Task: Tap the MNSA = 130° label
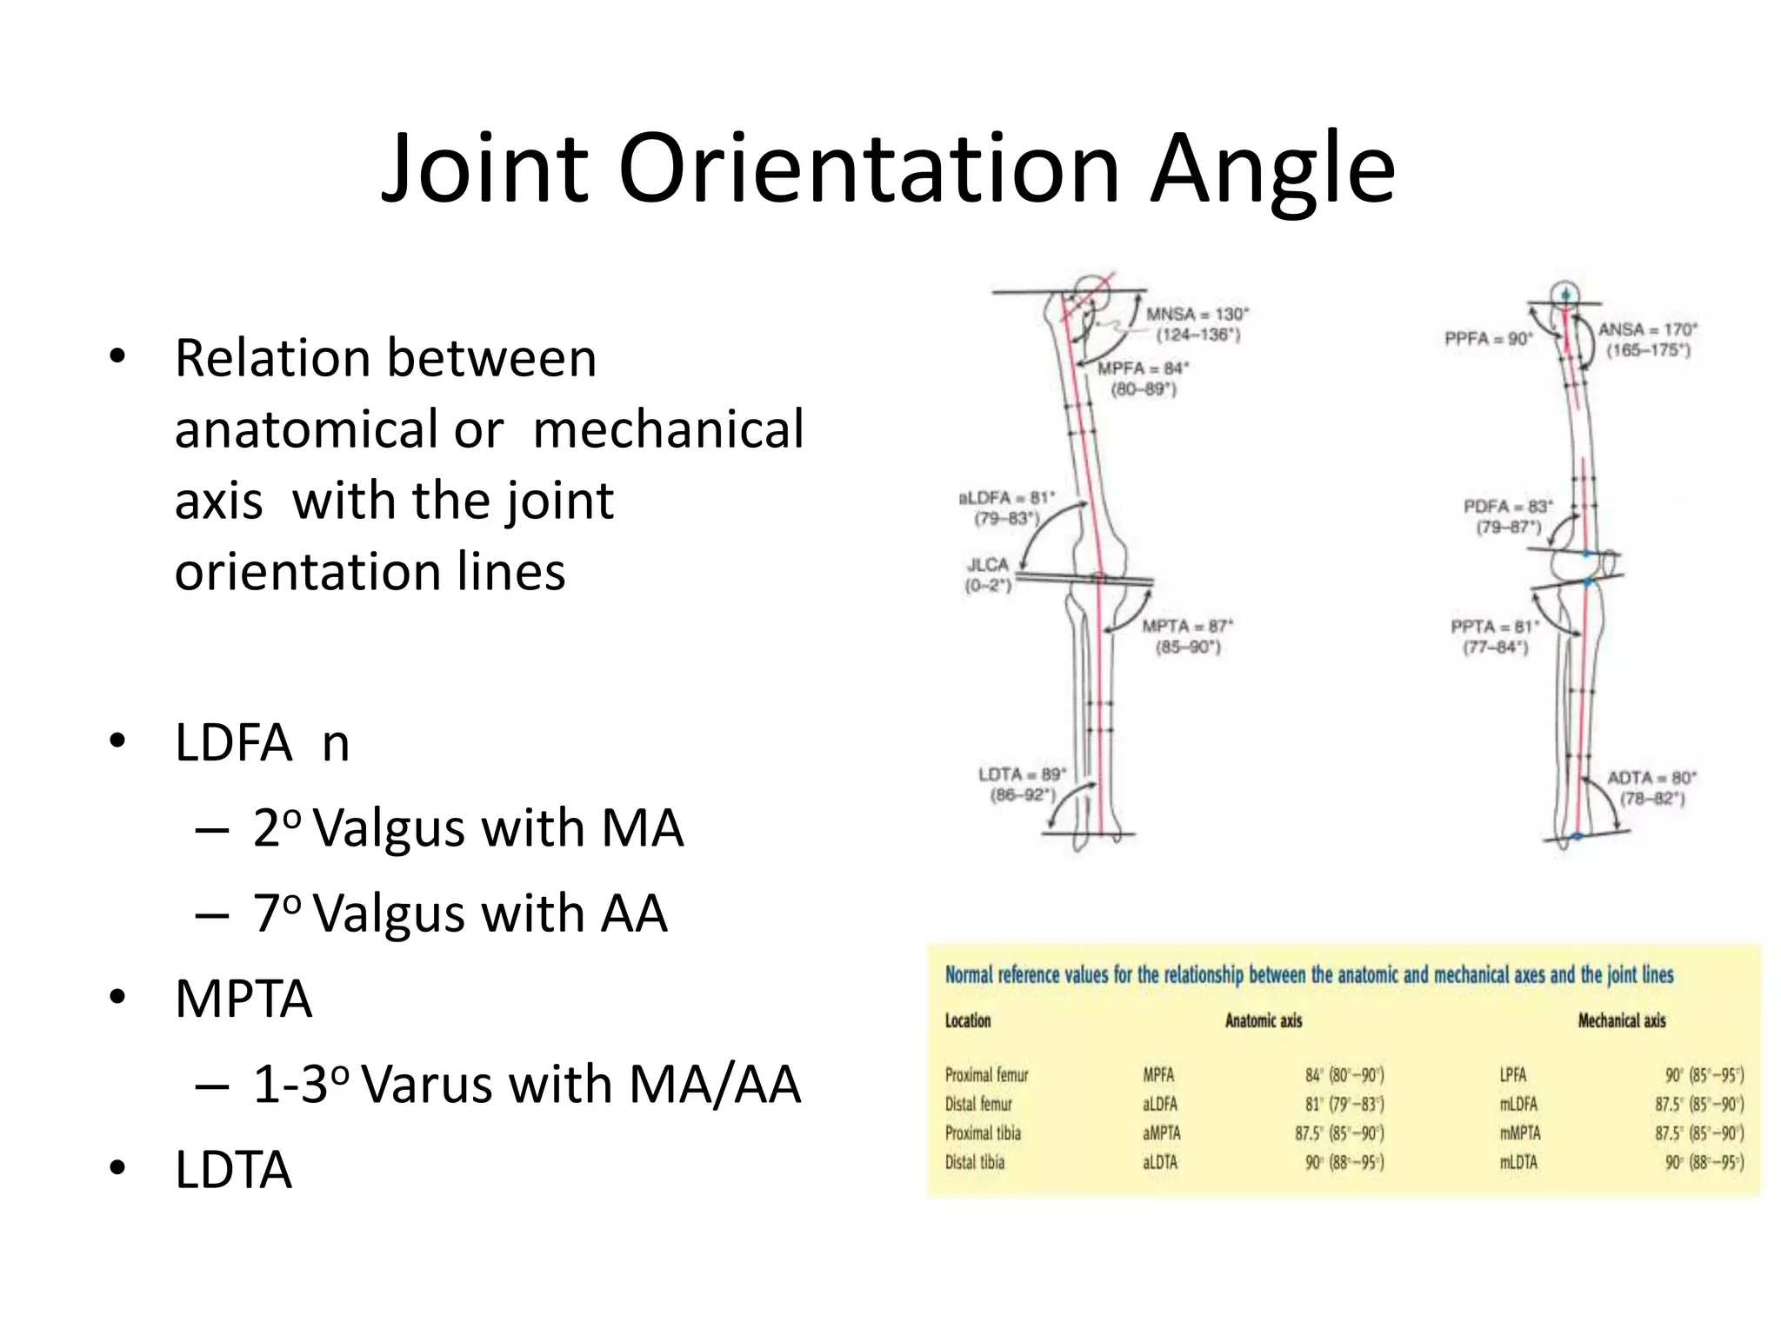coord(1197,315)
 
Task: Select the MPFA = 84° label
coord(1143,369)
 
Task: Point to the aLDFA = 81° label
coord(1006,498)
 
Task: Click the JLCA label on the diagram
coord(988,565)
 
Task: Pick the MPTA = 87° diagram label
coord(1187,627)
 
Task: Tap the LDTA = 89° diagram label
coord(1022,774)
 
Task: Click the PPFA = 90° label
coord(1488,339)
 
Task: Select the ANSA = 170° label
coord(1647,330)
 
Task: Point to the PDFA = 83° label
coord(1507,507)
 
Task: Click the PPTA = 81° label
coord(1494,627)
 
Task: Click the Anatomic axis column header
coord(1263,1021)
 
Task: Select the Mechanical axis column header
coord(1621,1021)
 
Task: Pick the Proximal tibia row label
coord(983,1133)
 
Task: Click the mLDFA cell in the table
coord(1518,1105)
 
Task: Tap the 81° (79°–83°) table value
coord(1344,1105)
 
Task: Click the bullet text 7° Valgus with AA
coord(459,913)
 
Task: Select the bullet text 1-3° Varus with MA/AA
coord(525,1085)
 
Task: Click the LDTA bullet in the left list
coord(233,1170)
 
